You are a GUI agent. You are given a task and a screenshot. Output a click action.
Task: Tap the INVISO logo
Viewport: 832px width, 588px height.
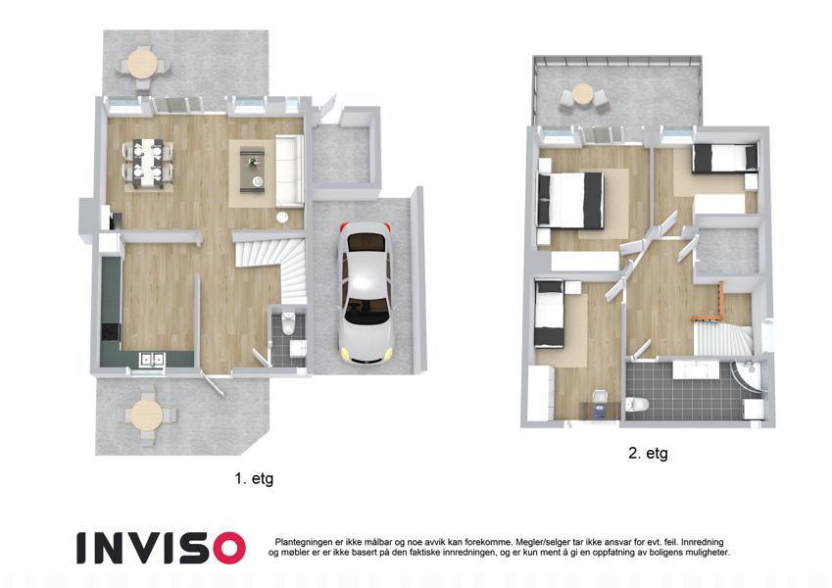pyautogui.click(x=162, y=548)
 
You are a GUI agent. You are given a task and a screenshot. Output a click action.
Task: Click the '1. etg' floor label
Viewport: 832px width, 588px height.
pyautogui.click(x=254, y=478)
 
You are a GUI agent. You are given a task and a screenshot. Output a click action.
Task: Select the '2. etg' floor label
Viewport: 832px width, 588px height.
pyautogui.click(x=648, y=453)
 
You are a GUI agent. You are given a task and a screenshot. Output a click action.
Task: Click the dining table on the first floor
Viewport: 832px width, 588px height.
pyautogui.click(x=148, y=163)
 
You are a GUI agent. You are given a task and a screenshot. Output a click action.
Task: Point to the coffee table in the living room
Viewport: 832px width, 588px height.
pyautogui.click(x=253, y=170)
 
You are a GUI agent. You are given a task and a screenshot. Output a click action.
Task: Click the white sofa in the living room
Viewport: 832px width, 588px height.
pyautogui.click(x=289, y=170)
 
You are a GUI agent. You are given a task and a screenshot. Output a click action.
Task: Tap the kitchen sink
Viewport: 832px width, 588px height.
pyautogui.click(x=152, y=360)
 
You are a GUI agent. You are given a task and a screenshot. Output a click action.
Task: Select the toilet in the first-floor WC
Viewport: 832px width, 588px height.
pyautogui.click(x=288, y=322)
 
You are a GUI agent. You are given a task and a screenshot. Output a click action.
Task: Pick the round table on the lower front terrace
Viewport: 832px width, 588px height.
pyautogui.click(x=147, y=415)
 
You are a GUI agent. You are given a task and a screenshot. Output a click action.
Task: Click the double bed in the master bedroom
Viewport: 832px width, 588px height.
pyautogui.click(x=570, y=201)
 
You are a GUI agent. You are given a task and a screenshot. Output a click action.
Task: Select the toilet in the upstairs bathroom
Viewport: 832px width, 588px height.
pyautogui.click(x=637, y=404)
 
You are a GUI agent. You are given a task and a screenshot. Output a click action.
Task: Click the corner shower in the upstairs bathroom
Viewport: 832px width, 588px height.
pyautogui.click(x=748, y=376)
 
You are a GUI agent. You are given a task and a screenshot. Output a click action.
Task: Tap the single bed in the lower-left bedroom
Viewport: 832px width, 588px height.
pyautogui.click(x=549, y=315)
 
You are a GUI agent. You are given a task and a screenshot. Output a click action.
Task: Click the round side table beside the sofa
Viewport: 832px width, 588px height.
pyautogui.click(x=282, y=217)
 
